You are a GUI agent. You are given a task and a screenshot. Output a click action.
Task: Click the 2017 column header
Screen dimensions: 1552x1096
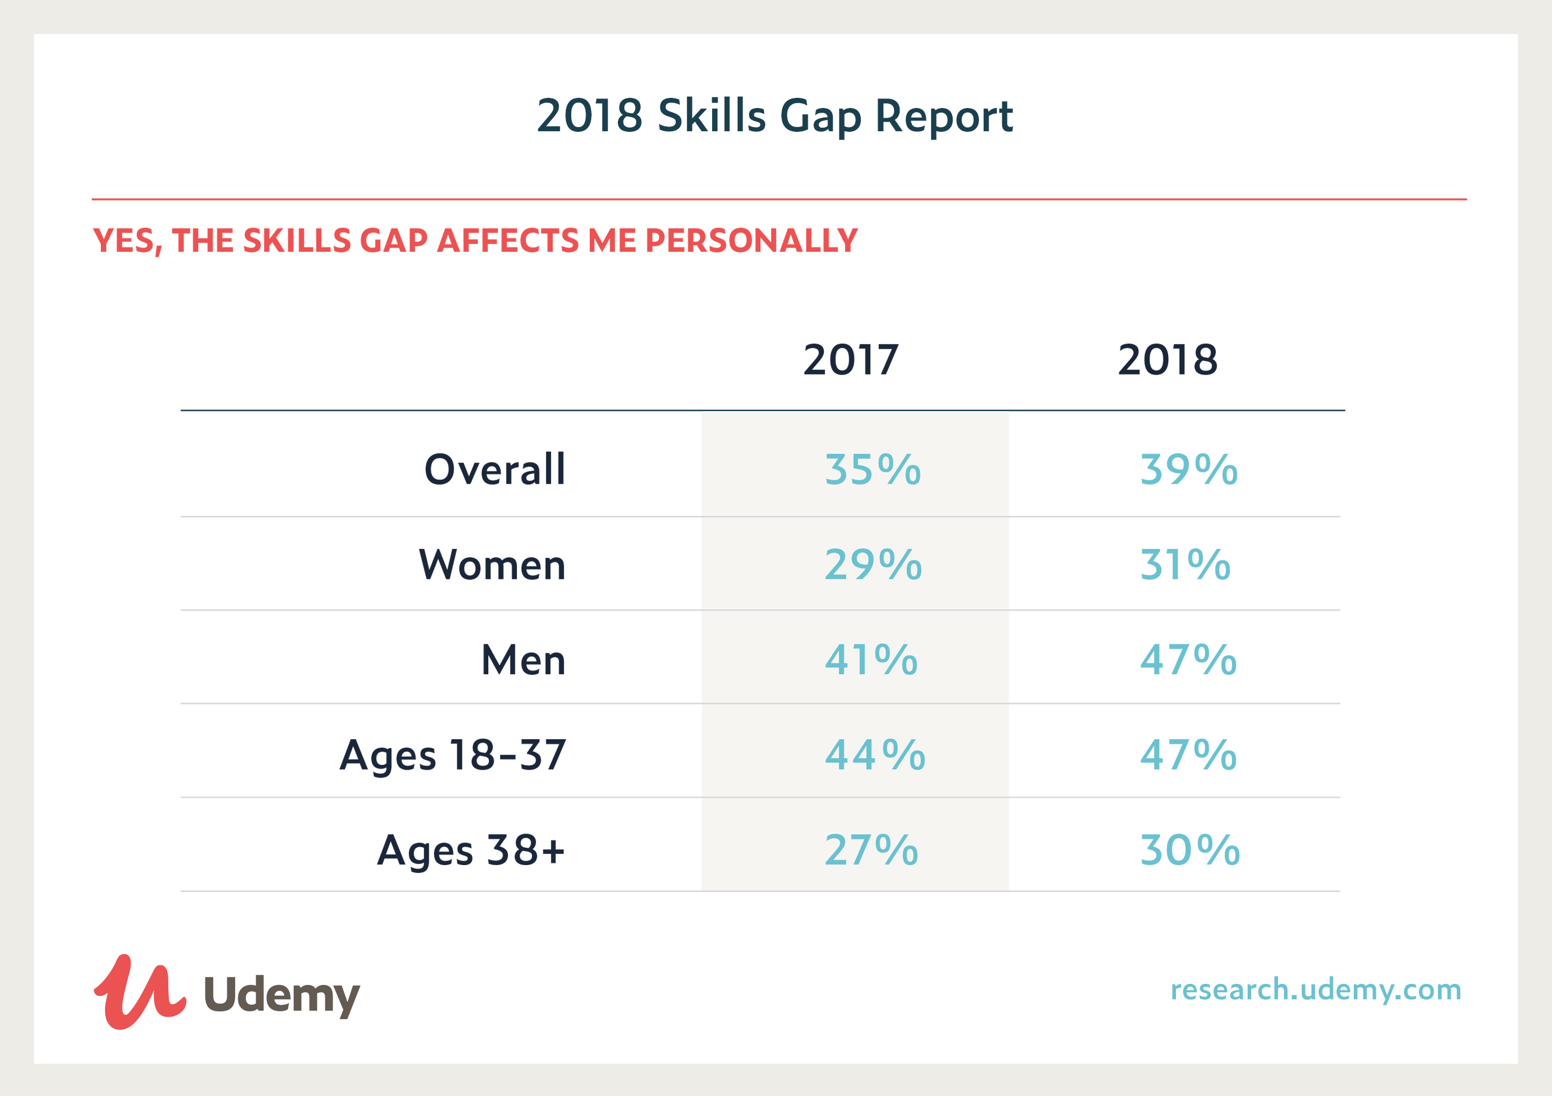851,360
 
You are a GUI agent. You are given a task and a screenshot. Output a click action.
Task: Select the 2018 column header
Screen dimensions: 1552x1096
1168,360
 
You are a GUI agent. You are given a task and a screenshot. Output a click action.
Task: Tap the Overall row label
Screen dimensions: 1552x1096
495,469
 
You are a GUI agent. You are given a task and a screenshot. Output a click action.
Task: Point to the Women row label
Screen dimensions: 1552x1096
492,564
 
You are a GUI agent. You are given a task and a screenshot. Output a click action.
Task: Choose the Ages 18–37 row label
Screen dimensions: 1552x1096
453,755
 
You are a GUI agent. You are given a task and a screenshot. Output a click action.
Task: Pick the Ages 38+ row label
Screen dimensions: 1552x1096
470,851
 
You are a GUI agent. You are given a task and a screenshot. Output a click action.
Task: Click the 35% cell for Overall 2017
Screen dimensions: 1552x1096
873,469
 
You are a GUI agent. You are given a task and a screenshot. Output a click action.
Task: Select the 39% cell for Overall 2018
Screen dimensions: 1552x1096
1189,469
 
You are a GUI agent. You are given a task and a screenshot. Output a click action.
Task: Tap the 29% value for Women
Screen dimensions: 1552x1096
873,564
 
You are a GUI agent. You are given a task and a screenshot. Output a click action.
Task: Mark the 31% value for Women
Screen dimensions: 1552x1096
1185,564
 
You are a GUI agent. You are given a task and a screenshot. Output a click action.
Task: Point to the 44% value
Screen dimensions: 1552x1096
875,755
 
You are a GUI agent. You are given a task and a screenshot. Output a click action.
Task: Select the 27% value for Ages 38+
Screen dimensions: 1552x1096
872,850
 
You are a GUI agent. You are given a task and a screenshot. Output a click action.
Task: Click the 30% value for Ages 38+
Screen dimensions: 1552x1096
1190,850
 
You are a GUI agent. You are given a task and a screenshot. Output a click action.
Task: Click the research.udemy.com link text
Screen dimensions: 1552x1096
1316,990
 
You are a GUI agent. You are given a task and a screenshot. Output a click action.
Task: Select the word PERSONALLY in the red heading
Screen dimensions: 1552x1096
751,240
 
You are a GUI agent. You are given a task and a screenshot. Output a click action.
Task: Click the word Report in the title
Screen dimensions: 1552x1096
944,116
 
